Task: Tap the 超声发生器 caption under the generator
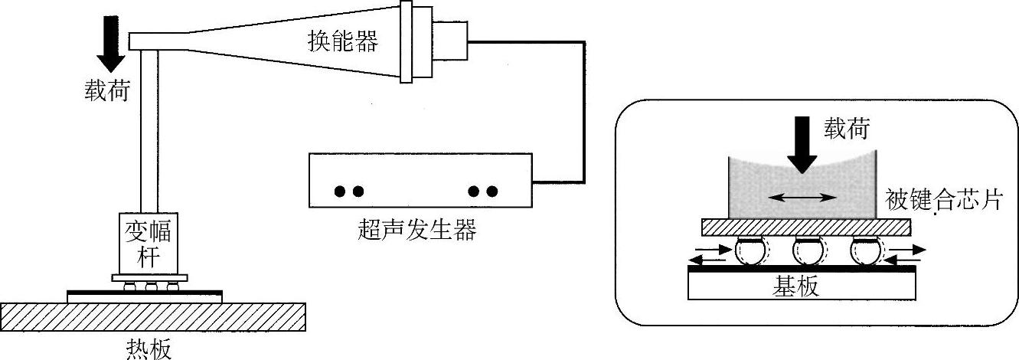pyautogui.click(x=416, y=229)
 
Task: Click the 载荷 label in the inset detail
pyautogui.click(x=846, y=129)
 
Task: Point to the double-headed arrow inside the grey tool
pyautogui.click(x=802, y=197)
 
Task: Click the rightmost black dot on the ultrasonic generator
pyautogui.click(x=492, y=191)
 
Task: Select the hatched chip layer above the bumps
pyautogui.click(x=806, y=227)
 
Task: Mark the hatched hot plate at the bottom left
pyautogui.click(x=153, y=316)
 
